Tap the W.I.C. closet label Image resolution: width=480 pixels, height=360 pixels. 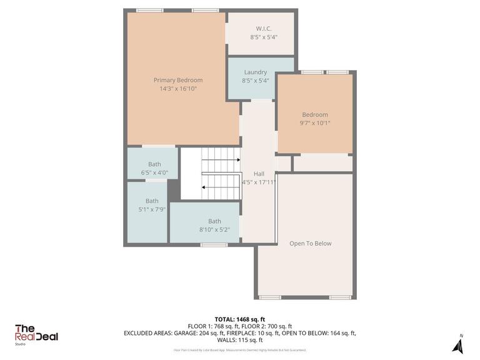[x=263, y=29]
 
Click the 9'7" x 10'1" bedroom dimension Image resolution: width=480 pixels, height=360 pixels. [x=315, y=123]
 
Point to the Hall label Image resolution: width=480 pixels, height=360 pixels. [x=259, y=174]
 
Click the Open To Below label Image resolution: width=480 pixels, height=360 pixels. [x=310, y=243]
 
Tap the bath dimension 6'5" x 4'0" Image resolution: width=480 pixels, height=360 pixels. [x=154, y=172]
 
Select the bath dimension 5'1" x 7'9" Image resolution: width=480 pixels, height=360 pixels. [x=152, y=209]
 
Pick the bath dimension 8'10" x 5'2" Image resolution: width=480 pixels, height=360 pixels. [x=214, y=229]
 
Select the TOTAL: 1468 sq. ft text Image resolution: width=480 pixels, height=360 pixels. [x=239, y=318]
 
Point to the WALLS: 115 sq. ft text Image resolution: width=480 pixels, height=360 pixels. [x=239, y=340]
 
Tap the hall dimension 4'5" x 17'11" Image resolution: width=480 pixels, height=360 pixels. [x=259, y=182]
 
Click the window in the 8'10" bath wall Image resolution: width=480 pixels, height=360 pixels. [x=214, y=245]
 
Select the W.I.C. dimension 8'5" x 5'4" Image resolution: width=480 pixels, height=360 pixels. [x=263, y=37]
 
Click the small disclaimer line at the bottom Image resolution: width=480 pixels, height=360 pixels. [x=239, y=350]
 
